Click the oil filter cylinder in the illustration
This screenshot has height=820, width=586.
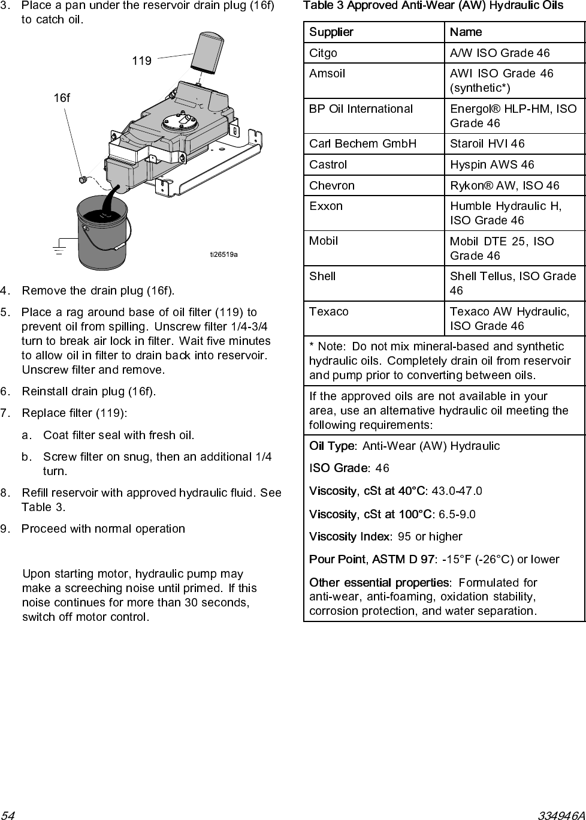207,53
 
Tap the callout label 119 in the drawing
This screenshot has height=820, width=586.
141,61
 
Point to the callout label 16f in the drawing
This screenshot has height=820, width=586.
62,98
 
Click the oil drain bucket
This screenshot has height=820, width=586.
102,234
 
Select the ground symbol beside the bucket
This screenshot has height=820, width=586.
59,248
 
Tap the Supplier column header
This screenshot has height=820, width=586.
331,32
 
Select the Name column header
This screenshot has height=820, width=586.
466,32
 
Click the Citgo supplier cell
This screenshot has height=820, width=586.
324,53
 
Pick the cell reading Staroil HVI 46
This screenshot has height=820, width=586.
487,144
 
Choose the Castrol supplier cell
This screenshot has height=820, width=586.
328,165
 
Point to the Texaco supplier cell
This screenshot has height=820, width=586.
329,312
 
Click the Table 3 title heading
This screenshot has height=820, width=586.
433,6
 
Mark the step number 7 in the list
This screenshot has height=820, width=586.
5,413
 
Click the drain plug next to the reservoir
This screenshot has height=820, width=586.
84,179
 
